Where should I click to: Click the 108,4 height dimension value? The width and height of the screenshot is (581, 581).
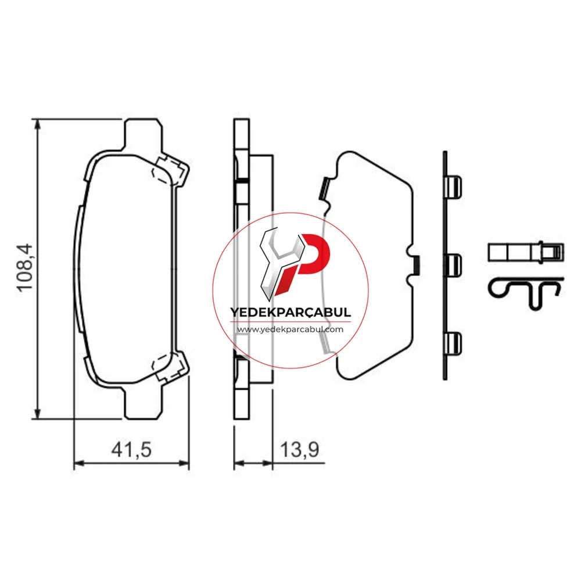point(25,267)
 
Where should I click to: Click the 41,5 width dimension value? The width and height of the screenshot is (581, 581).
point(131,450)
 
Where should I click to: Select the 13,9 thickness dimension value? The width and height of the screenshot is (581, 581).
point(299,450)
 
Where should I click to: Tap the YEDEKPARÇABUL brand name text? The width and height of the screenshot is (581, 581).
point(290,312)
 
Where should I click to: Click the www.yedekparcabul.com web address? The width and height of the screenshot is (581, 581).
point(290,329)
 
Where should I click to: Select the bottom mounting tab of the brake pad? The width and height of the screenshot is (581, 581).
point(143,403)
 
